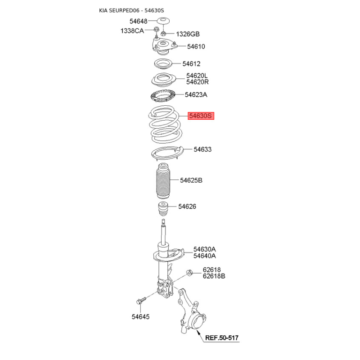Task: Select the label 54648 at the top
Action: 139,21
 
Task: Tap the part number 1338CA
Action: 132,31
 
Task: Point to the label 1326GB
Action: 187,34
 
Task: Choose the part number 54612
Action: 191,64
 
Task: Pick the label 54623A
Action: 196,95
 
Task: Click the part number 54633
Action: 202,149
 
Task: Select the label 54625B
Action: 191,180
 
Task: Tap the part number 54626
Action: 187,207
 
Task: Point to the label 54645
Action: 140,317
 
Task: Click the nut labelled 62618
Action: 189,272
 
